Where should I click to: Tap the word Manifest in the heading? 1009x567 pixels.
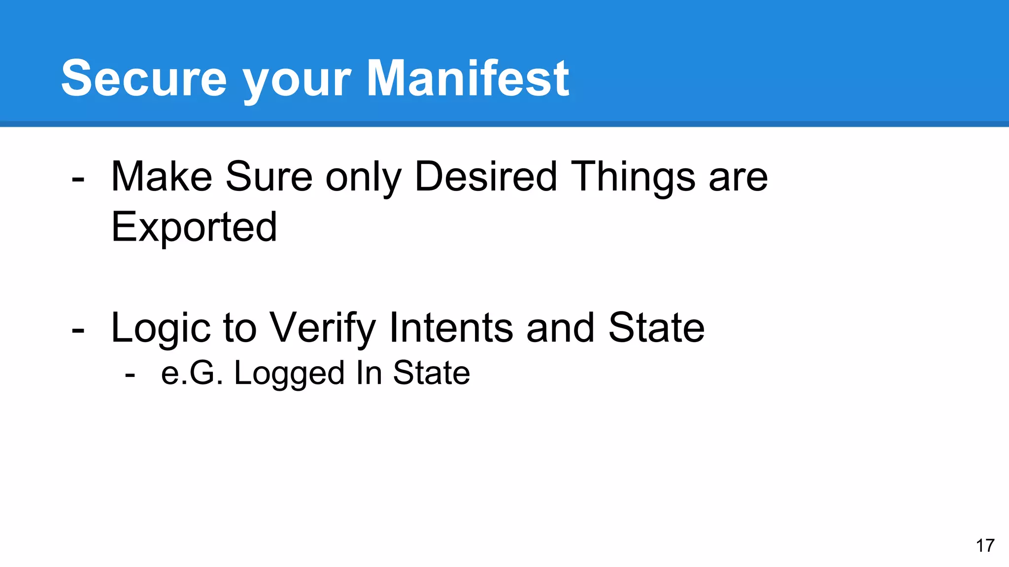(468, 79)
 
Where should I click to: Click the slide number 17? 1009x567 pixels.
(985, 546)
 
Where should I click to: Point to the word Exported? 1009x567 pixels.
(194, 227)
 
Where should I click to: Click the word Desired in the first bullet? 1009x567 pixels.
(486, 177)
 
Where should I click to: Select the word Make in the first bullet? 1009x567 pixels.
(162, 177)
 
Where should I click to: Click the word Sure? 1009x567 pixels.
(269, 177)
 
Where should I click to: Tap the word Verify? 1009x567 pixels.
(323, 329)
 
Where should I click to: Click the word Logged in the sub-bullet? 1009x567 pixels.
(289, 374)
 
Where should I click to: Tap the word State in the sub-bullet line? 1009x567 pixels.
(431, 373)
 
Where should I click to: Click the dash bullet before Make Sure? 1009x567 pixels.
(78, 180)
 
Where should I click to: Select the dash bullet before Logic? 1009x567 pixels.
(78, 331)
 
